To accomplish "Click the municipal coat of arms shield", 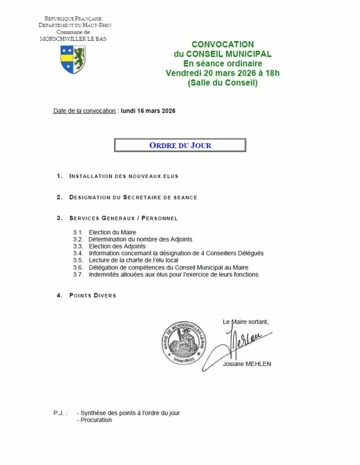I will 73,59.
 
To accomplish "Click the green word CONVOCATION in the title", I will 223,45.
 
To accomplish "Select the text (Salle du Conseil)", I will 223,83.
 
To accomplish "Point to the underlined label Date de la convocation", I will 85,111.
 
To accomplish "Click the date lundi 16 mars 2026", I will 148,111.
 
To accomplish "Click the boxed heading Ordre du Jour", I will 180,145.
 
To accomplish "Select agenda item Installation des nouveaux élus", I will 124,176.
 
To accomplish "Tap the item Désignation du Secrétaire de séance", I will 133,198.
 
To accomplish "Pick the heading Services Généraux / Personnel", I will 123,218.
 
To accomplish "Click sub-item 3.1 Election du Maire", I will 112,232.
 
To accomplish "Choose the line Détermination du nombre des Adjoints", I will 140,239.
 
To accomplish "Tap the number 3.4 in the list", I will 78,253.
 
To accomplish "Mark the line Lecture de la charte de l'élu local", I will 133,260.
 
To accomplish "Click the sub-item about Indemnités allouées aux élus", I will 173,274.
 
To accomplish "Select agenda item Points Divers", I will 93,296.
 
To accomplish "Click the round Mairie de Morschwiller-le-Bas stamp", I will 181,342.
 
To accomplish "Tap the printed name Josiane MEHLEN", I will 247,364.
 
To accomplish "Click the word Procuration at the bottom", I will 96,420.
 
